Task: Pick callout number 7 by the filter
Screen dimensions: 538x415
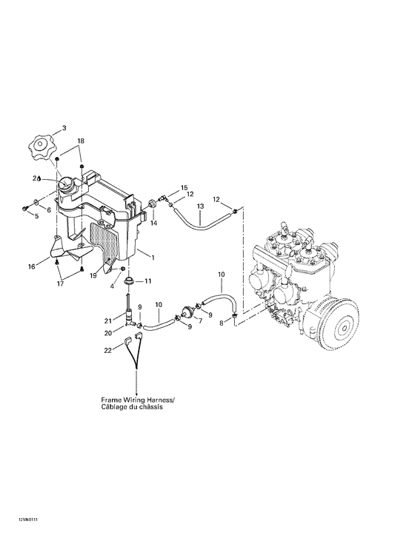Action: tap(198, 321)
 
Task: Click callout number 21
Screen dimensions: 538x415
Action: tap(108, 320)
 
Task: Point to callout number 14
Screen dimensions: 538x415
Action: tap(155, 222)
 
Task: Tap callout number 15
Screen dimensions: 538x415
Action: tap(185, 188)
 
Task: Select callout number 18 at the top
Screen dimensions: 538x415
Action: tap(81, 141)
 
